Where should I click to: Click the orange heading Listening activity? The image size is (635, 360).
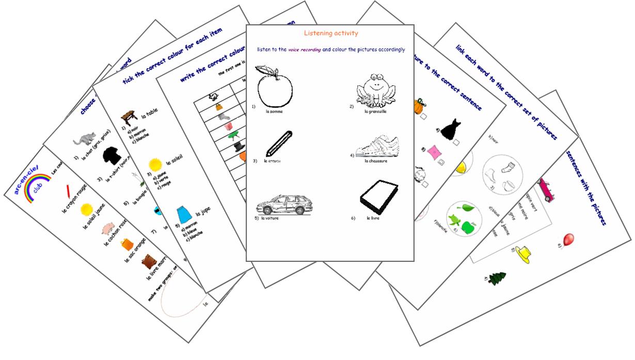pyautogui.click(x=331, y=34)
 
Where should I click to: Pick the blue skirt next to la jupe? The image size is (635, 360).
pyautogui.click(x=184, y=213)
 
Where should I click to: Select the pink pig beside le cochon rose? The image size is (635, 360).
pyautogui.click(x=107, y=228)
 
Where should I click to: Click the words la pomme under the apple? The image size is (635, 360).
pyautogui.click(x=274, y=112)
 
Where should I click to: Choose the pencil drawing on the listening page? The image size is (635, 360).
pyautogui.click(x=279, y=144)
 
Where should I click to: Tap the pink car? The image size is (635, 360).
pyautogui.click(x=545, y=191)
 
